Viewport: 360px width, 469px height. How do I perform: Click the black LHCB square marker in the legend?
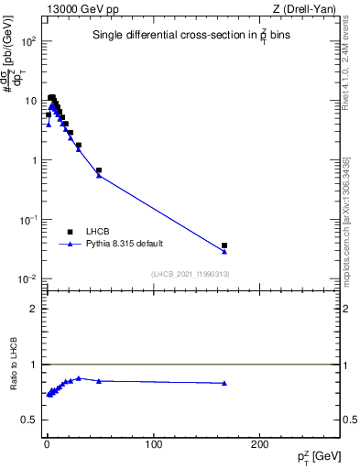(x=71, y=233)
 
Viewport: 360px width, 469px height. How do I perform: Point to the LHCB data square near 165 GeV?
(x=224, y=245)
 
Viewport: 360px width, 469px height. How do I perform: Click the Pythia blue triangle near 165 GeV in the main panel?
(x=224, y=251)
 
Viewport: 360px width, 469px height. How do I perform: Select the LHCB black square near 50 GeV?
(x=99, y=170)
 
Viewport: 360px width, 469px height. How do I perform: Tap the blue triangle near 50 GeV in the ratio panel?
(x=99, y=380)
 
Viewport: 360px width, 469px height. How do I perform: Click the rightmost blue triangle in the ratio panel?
(x=224, y=383)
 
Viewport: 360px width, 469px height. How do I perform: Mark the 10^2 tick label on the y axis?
(x=28, y=42)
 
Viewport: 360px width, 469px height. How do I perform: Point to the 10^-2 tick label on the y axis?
(x=28, y=278)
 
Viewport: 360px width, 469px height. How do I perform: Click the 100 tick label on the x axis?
(x=153, y=443)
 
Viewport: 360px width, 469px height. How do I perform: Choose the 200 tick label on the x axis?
(x=260, y=443)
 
